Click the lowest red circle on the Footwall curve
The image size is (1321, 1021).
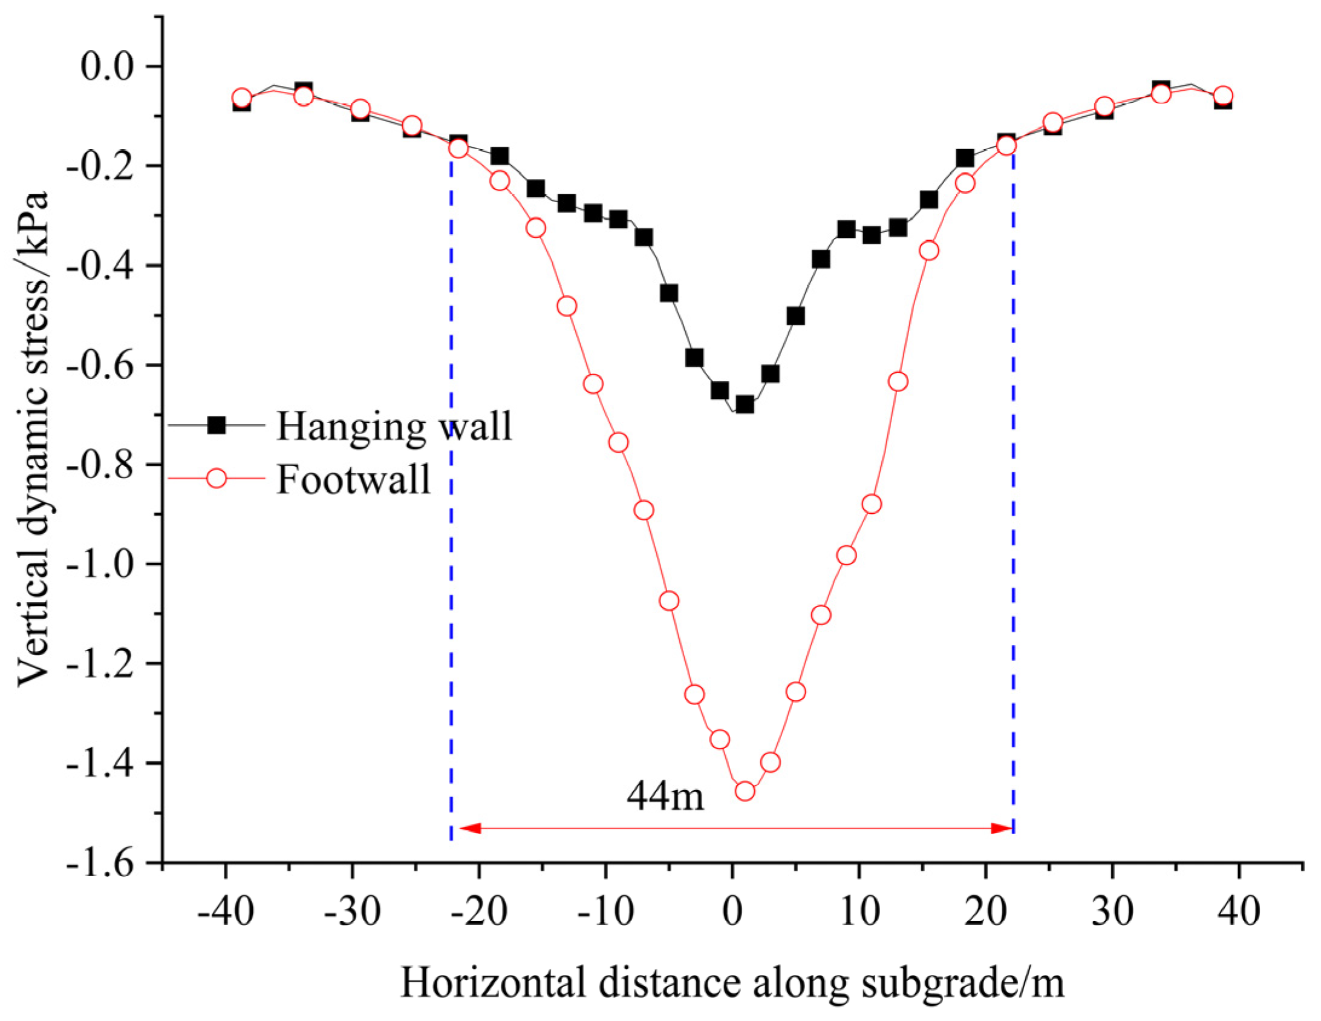pyautogui.click(x=745, y=791)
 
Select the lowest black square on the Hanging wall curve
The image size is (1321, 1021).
pyautogui.click(x=745, y=404)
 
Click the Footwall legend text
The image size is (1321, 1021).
pyautogui.click(x=354, y=479)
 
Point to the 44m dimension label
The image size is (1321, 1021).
pyautogui.click(x=665, y=796)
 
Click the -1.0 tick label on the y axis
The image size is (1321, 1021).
pyautogui.click(x=99, y=564)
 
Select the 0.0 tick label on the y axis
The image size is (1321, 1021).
pyautogui.click(x=106, y=66)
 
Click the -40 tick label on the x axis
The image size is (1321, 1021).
pyautogui.click(x=226, y=911)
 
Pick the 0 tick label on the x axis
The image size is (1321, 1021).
pyautogui.click(x=732, y=911)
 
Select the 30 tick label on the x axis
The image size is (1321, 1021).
pyautogui.click(x=1112, y=911)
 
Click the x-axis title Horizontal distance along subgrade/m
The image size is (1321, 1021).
pyautogui.click(x=732, y=983)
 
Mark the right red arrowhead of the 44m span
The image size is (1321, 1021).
pyautogui.click(x=1002, y=829)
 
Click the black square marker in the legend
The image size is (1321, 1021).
pyautogui.click(x=216, y=425)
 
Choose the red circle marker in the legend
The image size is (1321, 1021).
pyautogui.click(x=216, y=479)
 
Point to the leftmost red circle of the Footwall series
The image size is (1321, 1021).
pyautogui.click(x=242, y=97)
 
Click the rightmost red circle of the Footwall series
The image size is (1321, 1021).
pyautogui.click(x=1223, y=96)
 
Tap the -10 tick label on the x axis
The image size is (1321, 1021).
pyautogui.click(x=605, y=911)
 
